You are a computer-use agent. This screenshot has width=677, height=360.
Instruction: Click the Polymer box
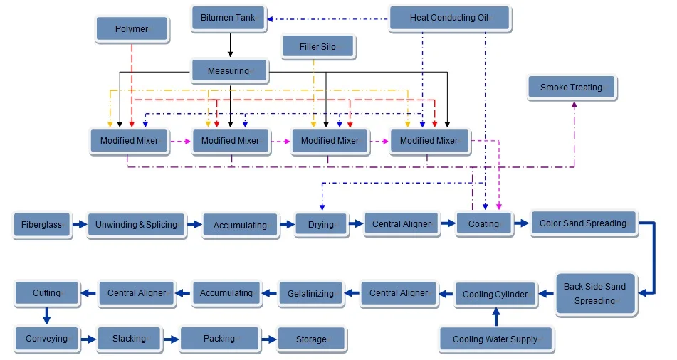132,29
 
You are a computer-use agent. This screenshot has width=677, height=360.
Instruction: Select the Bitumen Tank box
229,18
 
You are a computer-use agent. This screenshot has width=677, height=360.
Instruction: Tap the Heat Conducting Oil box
449,18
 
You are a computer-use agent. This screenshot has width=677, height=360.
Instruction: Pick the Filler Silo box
318,47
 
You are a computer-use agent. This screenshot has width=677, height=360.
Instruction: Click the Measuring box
229,70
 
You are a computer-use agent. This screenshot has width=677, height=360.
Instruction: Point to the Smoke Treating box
571,88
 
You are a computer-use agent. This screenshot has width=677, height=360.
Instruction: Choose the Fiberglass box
41,225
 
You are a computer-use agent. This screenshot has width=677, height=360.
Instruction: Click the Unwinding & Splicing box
136,225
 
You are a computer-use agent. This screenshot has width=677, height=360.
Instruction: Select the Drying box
320,225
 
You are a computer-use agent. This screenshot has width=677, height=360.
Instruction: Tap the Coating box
483,224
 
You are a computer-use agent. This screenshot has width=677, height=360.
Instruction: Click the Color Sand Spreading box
582,223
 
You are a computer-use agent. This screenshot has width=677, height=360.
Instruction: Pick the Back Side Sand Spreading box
594,293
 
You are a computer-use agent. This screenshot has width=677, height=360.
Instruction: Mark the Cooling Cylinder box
495,295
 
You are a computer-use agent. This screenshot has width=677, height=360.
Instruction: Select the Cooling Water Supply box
495,339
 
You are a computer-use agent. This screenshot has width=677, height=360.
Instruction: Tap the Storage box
311,339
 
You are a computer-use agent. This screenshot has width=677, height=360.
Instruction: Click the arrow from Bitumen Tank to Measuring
229,44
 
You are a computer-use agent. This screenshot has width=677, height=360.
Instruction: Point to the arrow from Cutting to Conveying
46,314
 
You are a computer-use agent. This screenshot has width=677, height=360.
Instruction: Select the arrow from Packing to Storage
268,339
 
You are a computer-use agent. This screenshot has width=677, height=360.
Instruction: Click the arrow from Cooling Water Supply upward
496,317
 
